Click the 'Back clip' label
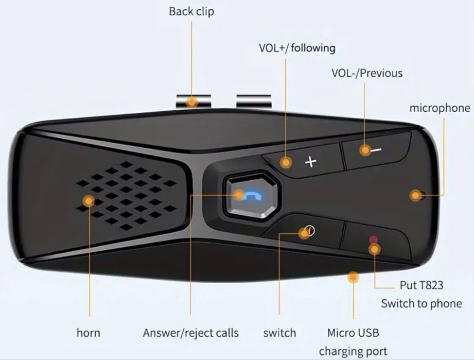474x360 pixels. pos(191,11)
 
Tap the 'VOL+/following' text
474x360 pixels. pos(296,48)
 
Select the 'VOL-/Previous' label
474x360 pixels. pos(366,73)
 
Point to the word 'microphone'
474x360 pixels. pos(440,108)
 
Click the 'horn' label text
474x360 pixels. pos(88,333)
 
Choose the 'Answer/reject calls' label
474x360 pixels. pos(190,333)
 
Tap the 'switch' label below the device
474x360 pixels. pos(279,333)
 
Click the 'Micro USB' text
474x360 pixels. pos(353,333)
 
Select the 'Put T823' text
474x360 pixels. pos(421,285)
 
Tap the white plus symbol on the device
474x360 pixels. pos(310,162)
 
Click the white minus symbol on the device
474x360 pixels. pos(377,150)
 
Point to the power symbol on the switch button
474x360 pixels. pos(310,231)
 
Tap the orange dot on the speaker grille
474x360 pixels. pos(89,201)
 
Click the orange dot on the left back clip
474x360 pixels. pos(192,101)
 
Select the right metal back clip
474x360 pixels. pos(254,100)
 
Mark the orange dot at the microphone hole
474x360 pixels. pos(415,196)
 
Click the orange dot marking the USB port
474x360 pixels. pos(353,278)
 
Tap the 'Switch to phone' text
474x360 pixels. pos(421,303)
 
